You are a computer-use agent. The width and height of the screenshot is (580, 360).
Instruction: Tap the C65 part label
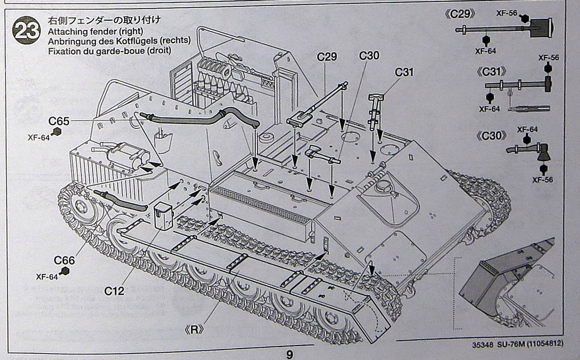pyautogui.click(x=59, y=121)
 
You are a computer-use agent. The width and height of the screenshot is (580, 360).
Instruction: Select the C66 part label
pyautogui.click(x=64, y=261)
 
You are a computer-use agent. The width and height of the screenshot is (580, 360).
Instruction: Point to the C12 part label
pyautogui.click(x=114, y=291)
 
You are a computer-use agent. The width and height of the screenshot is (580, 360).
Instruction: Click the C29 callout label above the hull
pyautogui.click(x=327, y=57)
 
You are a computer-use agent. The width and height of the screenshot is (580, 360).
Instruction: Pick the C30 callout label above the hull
pyautogui.click(x=369, y=56)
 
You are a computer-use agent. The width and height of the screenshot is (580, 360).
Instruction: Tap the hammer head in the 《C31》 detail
pyautogui.click(x=548, y=84)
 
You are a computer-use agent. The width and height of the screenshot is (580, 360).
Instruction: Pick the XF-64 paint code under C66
pyautogui.click(x=47, y=277)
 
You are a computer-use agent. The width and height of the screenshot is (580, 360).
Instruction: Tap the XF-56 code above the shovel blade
pyautogui.click(x=507, y=13)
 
